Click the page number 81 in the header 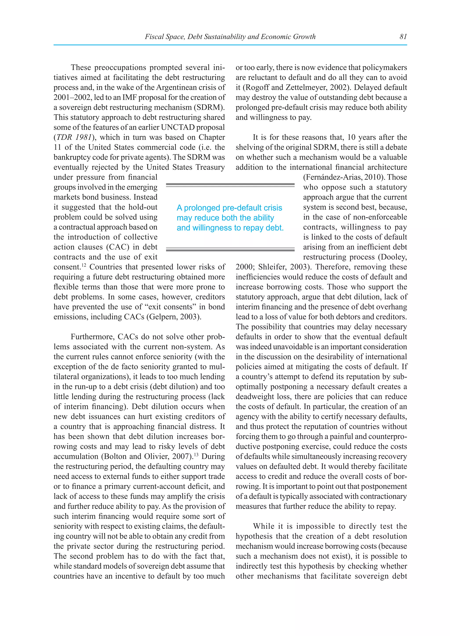point(403,36)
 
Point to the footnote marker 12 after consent point(84,265)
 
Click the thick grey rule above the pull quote point(230,184)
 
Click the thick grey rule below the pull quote point(230,250)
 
